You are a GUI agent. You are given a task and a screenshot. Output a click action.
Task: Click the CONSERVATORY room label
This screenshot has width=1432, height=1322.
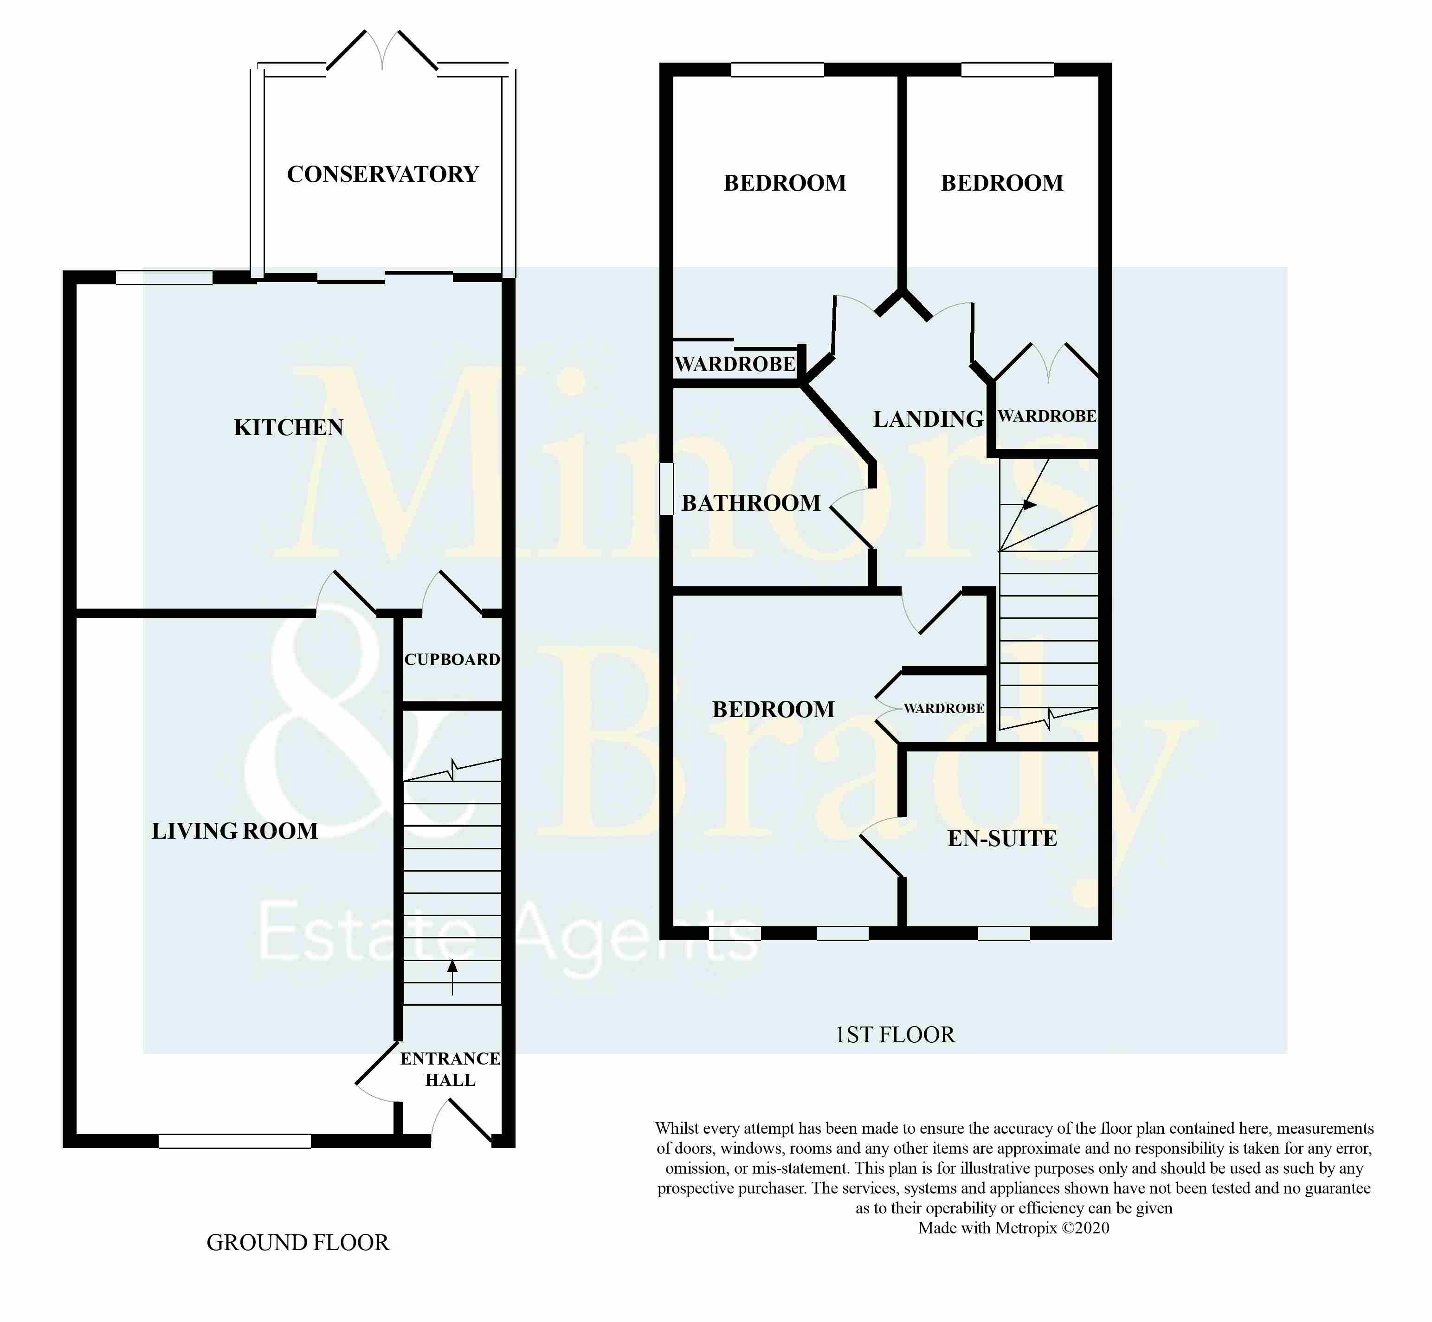coord(382,174)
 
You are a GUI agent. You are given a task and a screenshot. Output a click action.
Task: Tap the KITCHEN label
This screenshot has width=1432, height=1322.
coord(289,427)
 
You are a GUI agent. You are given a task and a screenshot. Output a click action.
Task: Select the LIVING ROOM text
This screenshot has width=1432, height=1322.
coord(235,831)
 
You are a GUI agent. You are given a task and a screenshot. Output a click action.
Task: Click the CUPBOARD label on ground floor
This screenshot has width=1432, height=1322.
coord(452,660)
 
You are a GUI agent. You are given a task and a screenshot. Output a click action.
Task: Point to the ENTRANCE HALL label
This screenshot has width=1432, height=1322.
coord(450,1069)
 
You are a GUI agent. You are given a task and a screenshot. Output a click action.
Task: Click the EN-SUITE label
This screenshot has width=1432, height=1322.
coord(1002,838)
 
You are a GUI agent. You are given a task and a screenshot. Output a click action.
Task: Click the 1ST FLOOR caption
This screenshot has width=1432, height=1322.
coord(895,1034)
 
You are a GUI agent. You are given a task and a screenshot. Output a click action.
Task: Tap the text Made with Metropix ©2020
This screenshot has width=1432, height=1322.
coord(1013,1228)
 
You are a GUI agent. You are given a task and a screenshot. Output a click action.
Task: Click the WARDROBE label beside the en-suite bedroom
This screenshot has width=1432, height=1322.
coord(943,708)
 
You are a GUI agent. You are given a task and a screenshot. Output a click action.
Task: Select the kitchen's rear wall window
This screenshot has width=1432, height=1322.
coord(165,277)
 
